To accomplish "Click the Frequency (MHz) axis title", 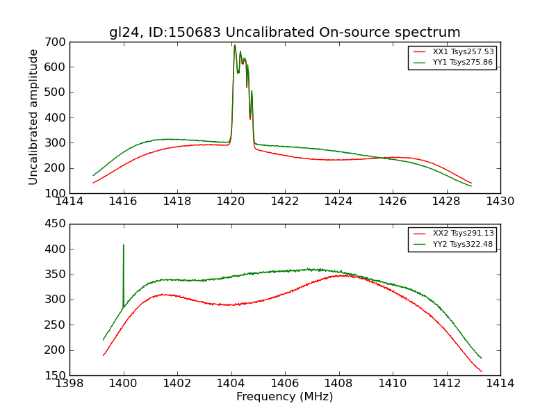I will tap(285, 397).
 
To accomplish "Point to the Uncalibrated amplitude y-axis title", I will tap(33, 117).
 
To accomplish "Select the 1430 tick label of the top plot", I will tap(500, 202).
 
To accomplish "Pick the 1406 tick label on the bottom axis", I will tap(285, 384).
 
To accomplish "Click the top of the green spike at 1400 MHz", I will tap(124, 245).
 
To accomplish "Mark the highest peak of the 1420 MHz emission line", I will tap(235, 46).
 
